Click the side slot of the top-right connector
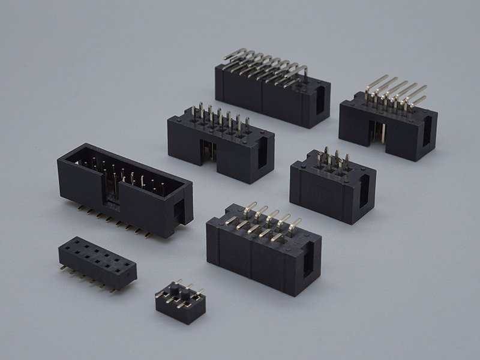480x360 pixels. click(427, 132)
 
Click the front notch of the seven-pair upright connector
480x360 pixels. click(208, 151)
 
